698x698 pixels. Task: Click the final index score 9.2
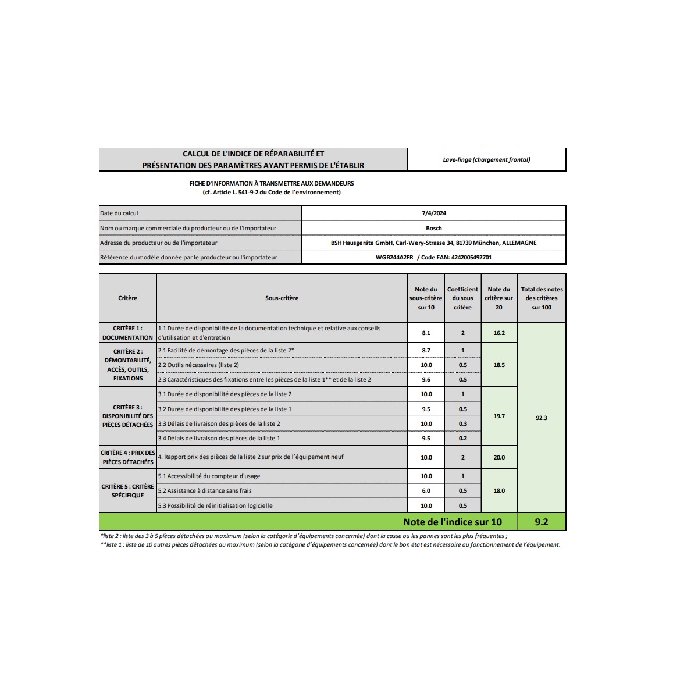click(x=541, y=522)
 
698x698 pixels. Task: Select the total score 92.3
click(x=541, y=418)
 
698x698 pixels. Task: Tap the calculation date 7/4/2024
click(x=434, y=213)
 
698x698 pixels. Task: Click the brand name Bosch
click(x=434, y=228)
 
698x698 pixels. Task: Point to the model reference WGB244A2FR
click(x=394, y=257)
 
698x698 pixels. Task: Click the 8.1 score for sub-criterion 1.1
click(x=426, y=333)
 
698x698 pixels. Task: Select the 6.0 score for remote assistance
click(x=426, y=490)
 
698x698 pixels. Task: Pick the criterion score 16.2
click(x=499, y=333)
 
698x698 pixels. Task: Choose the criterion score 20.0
click(x=499, y=457)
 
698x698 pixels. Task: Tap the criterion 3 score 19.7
click(x=499, y=416)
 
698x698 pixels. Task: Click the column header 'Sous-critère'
click(x=282, y=298)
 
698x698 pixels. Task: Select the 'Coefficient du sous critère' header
click(x=462, y=298)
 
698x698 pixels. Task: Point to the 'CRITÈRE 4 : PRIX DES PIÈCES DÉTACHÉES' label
click(x=128, y=457)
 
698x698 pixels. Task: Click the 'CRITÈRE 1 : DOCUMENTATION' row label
click(x=128, y=333)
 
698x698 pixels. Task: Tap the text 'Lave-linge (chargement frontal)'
click(x=486, y=159)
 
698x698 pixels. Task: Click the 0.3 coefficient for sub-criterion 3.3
click(x=462, y=423)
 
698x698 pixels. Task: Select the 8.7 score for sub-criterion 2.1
click(x=426, y=350)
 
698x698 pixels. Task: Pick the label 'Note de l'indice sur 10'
click(x=452, y=522)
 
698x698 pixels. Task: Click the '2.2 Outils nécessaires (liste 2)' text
click(x=198, y=365)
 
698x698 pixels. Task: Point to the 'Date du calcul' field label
click(x=119, y=213)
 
